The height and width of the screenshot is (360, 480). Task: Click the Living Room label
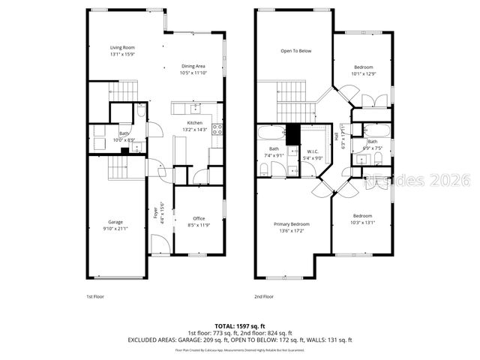point(121,47)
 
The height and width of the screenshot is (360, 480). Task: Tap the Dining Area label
point(193,67)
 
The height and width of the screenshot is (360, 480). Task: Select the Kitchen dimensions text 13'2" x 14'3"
point(195,130)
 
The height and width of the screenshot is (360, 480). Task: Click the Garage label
point(115,221)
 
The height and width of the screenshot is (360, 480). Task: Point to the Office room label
point(198,218)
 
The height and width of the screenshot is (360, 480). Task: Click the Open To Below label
point(295,51)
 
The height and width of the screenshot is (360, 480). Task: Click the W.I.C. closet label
point(313,151)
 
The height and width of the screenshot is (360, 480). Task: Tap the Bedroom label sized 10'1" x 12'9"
point(363,67)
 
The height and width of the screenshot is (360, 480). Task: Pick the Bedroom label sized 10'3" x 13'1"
point(363,215)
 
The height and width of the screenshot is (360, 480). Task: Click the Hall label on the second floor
point(346,139)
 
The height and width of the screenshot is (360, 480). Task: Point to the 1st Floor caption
point(94,297)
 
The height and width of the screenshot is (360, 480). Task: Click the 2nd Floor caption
point(264,297)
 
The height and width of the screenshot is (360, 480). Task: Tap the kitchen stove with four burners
point(217,128)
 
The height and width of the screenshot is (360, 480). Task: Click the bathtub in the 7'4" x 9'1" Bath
point(271,133)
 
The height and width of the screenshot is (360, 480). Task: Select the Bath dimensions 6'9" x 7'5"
point(373,148)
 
